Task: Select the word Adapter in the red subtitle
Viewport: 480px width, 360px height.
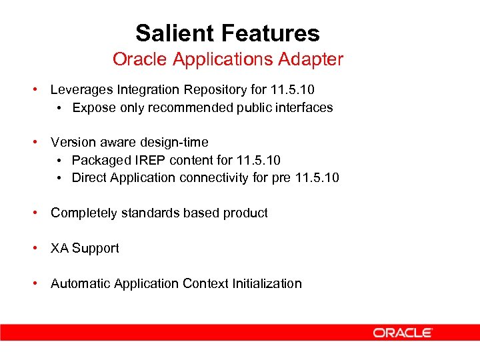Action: tap(315, 59)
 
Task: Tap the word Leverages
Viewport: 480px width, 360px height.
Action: tap(80, 90)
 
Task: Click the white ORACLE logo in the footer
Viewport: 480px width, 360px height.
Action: tap(403, 332)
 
